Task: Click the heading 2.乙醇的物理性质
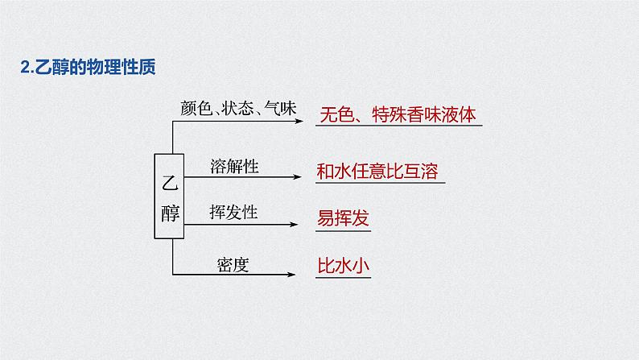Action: click(87, 68)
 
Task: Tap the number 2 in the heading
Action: click(23, 68)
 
